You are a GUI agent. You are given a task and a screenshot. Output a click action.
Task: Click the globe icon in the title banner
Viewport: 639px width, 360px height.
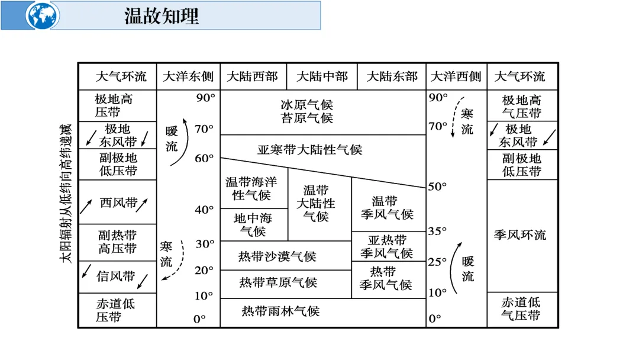(x=43, y=15)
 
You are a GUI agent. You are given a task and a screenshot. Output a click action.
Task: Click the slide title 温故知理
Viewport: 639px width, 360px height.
(x=161, y=15)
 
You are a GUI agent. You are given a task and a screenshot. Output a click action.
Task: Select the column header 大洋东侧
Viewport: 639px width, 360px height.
(x=188, y=76)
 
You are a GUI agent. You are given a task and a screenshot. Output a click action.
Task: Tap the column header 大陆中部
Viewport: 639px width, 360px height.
(x=322, y=76)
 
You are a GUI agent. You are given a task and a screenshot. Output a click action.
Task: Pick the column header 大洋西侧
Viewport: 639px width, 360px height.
(x=456, y=76)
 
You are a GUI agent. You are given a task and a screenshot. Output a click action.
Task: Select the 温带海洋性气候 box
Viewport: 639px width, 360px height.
(x=251, y=188)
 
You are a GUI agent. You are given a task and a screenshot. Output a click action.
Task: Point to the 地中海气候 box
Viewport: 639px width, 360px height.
(x=253, y=225)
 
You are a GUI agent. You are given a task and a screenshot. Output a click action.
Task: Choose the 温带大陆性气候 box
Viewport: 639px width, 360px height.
(x=319, y=203)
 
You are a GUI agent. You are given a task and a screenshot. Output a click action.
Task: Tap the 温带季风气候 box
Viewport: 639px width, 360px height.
(x=388, y=208)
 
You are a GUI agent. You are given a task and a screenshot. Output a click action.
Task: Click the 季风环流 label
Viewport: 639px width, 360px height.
(x=520, y=235)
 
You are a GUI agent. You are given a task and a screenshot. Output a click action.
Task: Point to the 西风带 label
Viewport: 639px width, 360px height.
(x=118, y=203)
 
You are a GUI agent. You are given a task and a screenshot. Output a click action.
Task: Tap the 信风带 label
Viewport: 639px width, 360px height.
(x=116, y=276)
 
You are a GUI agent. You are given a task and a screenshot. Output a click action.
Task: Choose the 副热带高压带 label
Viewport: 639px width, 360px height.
(x=117, y=242)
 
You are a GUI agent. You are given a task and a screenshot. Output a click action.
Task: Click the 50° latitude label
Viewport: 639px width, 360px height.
(x=437, y=187)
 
